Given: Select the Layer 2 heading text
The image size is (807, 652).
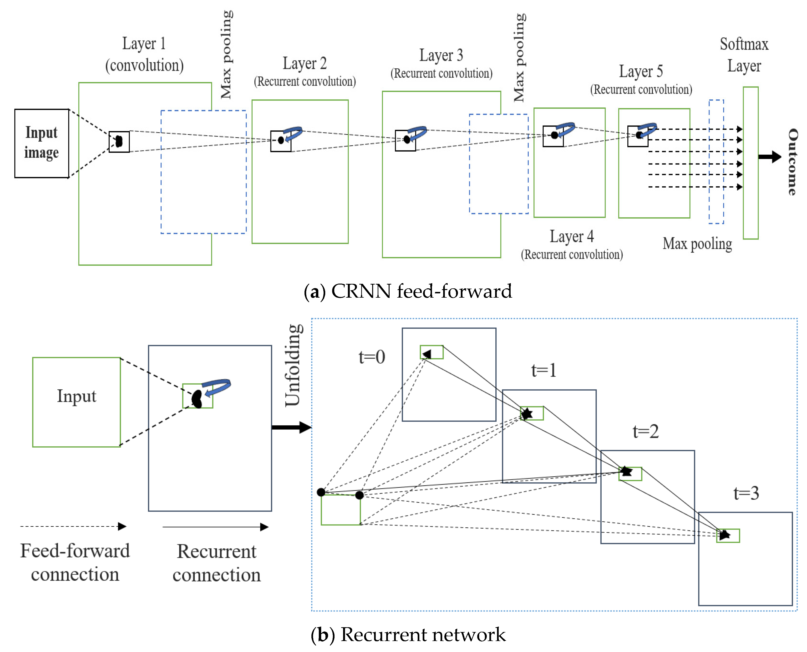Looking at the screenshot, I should (305, 63).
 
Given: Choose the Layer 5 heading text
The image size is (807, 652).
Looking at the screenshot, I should (641, 71).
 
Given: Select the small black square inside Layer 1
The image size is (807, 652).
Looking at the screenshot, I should (119, 142).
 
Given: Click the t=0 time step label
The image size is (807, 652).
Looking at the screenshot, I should (372, 357).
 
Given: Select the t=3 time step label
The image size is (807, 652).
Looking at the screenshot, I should (746, 493).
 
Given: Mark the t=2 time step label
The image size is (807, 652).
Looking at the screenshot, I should (645, 432).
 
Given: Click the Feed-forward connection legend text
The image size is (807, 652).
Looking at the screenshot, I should (75, 562).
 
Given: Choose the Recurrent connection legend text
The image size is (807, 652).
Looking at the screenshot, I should (217, 563).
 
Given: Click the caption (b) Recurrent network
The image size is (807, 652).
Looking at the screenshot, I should (408, 634).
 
